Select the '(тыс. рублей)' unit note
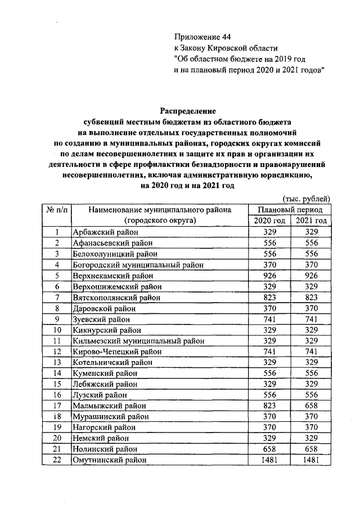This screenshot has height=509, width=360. [305, 199]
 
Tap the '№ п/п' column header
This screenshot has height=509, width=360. [57, 209]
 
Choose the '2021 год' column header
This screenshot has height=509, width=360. [311, 220]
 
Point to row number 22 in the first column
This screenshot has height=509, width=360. [57, 460]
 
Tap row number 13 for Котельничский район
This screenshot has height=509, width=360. [57, 362]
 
